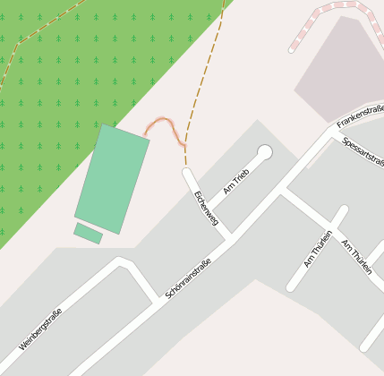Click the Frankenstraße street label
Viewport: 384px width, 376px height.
tap(360, 114)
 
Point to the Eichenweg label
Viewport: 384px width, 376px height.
tap(206, 207)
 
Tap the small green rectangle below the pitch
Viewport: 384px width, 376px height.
tap(88, 234)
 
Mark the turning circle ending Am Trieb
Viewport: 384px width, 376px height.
tap(264, 152)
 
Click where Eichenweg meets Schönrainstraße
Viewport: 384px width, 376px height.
tap(230, 236)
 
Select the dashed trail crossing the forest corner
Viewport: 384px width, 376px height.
tap(36, 36)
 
